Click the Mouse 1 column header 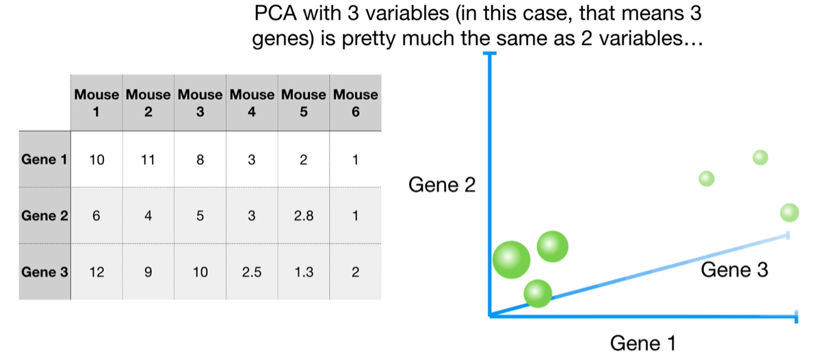pos(96,103)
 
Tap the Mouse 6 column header pos(355,103)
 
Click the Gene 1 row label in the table pos(44,160)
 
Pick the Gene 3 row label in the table pos(44,272)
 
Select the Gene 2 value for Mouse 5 pos(303,216)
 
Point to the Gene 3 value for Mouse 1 pos(96,272)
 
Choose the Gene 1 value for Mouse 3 pos(200,160)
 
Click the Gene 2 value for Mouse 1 pos(96,216)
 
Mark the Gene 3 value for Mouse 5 pos(303,272)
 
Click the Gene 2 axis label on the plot pos(441,185)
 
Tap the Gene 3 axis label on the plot pos(734,270)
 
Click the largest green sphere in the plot pos(511,259)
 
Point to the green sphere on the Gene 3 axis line pos(538,293)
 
